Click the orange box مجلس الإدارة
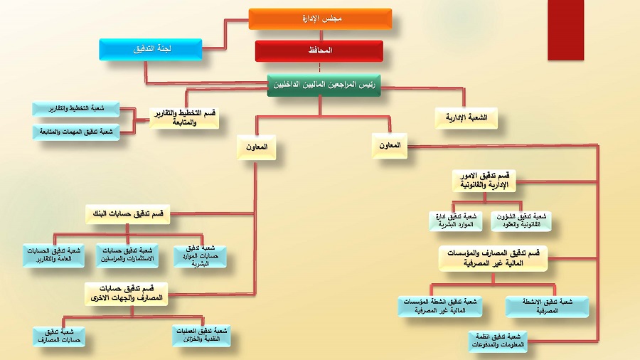[x=320, y=19]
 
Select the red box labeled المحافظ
[x=319, y=51]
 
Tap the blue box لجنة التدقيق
[x=151, y=50]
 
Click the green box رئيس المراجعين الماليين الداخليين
[x=324, y=84]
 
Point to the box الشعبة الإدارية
[x=466, y=118]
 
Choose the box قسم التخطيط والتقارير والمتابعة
[x=184, y=118]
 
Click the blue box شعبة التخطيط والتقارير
[x=76, y=109]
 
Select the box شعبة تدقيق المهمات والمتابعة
[x=76, y=132]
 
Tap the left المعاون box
[x=256, y=147]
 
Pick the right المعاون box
[x=390, y=145]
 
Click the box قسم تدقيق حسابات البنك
[x=128, y=214]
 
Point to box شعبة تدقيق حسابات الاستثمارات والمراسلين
[x=128, y=256]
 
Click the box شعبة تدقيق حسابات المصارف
[x=59, y=336]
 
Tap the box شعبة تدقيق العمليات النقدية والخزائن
[x=201, y=335]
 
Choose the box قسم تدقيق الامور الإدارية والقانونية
[x=484, y=180]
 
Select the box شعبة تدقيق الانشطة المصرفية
[x=548, y=306]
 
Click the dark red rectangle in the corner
[x=566, y=30]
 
